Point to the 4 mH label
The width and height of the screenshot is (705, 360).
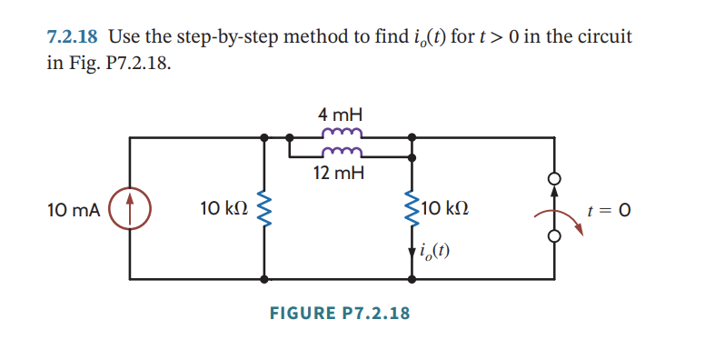click(341, 115)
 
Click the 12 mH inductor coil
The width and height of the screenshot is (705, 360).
click(341, 152)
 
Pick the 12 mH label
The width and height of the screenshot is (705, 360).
click(341, 173)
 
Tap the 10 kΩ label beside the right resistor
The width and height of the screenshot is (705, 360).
click(445, 211)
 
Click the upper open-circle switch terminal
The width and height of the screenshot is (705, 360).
click(553, 179)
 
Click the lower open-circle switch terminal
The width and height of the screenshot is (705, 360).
click(553, 237)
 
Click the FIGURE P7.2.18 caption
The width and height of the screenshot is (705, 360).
click(340, 314)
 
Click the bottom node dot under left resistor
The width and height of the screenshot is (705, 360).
click(264, 280)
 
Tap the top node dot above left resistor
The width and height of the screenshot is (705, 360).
click(264, 138)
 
